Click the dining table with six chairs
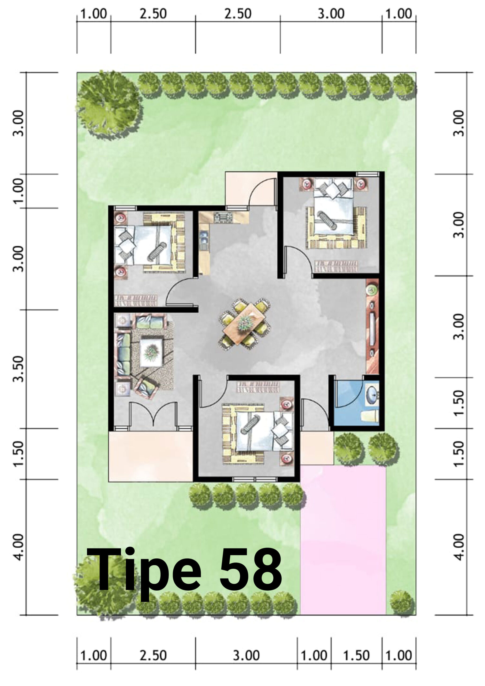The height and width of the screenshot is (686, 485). (x=245, y=324)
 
